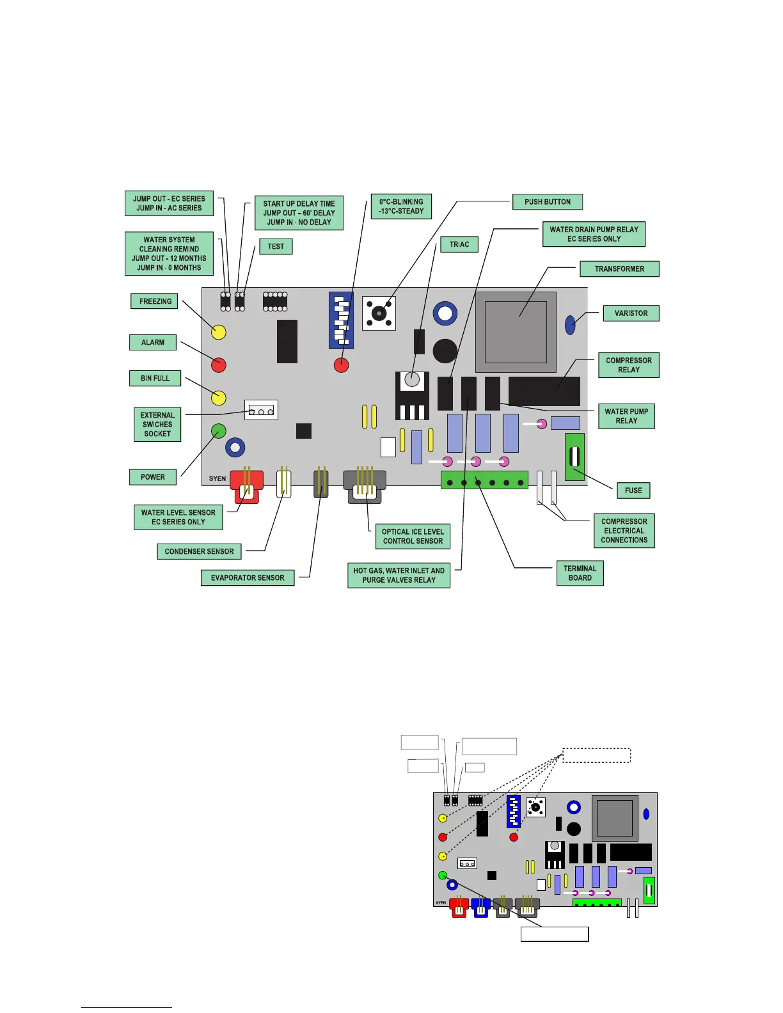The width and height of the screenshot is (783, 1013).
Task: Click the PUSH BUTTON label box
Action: point(547,202)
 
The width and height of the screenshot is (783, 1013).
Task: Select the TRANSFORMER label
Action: point(619,269)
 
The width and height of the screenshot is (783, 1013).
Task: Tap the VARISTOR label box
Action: point(631,313)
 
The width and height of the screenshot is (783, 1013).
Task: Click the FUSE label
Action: point(633,491)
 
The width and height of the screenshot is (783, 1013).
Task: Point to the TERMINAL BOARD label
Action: point(580,573)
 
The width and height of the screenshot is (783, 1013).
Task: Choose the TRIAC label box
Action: point(459,244)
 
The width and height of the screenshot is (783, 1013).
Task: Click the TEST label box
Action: point(276,246)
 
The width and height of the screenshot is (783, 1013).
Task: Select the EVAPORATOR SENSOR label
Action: point(248,577)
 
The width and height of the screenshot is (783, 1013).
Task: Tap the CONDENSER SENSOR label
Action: point(199,551)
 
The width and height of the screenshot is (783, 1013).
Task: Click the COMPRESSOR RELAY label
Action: point(628,365)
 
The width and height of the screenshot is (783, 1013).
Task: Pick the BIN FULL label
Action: point(155,379)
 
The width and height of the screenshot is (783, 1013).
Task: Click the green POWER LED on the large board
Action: point(219,431)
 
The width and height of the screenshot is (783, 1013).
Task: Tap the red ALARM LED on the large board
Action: point(219,365)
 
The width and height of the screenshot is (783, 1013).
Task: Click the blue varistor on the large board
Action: point(570,325)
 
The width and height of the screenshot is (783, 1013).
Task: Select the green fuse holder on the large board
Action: point(574,457)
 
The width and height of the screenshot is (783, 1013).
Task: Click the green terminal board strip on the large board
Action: point(484,480)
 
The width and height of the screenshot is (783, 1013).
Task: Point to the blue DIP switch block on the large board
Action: point(341,320)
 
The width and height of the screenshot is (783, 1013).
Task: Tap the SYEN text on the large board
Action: point(217,478)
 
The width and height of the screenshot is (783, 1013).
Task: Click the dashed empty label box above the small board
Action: point(596,755)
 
